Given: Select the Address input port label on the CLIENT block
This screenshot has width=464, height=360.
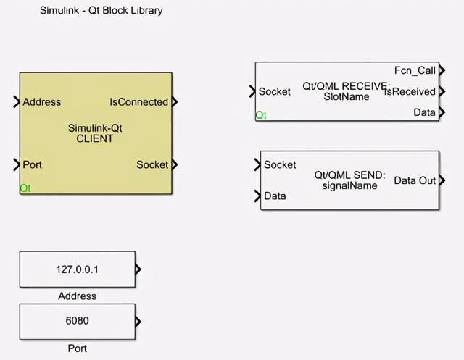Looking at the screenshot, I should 42,102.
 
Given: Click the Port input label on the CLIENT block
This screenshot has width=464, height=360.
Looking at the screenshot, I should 33,164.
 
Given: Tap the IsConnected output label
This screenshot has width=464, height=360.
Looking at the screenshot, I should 138,102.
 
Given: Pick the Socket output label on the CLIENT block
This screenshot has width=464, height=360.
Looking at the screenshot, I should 152,164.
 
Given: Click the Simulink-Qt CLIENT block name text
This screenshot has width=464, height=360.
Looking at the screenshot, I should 95,133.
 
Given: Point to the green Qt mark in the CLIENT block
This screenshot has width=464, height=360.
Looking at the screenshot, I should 25,188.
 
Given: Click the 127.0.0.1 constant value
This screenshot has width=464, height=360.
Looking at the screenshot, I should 77,269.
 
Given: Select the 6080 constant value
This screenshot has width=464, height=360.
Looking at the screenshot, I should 77,321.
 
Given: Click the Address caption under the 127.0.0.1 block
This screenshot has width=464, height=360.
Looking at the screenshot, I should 77,296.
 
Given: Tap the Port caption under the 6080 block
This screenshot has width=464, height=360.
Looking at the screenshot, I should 77,348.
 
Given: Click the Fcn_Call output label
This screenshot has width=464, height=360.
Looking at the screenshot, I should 415,70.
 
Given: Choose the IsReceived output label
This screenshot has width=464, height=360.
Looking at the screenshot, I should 411,91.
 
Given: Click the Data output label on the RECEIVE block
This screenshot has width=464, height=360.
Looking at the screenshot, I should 424,112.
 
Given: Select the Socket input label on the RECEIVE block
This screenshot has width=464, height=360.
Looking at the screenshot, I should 275,91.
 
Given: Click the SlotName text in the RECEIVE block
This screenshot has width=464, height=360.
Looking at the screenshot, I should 347,96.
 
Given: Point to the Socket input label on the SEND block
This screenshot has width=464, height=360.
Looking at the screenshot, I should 280,164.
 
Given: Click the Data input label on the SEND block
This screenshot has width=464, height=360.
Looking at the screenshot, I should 275,196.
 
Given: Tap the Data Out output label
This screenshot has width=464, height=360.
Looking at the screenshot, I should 415,180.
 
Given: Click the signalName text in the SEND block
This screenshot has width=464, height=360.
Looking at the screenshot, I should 350,185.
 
